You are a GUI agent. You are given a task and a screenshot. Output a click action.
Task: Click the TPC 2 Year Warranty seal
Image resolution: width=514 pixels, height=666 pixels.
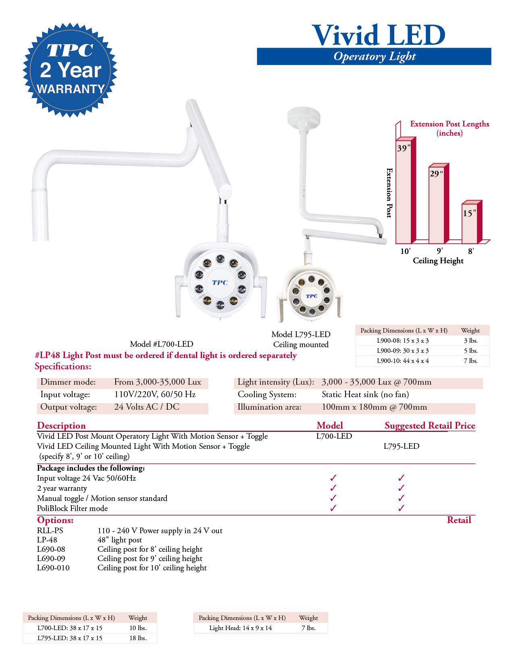70,70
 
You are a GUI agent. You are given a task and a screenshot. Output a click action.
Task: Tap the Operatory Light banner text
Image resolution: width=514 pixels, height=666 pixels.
374,57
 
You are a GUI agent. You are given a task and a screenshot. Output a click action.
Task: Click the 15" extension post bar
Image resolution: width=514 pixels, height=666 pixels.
469,222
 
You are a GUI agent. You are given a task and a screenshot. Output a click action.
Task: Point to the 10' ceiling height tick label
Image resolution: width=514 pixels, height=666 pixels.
405,251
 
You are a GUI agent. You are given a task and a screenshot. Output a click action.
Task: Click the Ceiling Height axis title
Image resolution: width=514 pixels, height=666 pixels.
438,261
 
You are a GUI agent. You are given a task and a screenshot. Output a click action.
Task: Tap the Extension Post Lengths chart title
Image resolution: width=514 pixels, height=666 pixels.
449,128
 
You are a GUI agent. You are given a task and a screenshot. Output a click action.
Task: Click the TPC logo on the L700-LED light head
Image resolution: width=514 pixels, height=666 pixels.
220,283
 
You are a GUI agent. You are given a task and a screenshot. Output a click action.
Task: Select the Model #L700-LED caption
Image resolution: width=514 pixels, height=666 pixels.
161,344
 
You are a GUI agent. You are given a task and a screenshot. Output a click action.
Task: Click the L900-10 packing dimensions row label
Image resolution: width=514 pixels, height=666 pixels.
402,361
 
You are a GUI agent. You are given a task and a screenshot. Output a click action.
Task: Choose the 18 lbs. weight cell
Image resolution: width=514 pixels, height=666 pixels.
138,638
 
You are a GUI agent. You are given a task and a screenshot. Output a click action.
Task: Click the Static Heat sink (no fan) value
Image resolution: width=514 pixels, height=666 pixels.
365,394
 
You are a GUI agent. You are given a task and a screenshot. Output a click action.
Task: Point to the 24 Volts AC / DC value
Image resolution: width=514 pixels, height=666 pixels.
147,407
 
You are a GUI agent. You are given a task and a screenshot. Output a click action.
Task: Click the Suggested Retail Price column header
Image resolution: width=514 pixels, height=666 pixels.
430,425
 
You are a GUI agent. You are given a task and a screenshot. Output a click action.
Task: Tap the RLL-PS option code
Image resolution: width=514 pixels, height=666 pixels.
50,530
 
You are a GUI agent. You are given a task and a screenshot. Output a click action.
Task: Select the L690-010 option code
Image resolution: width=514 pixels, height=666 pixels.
53,568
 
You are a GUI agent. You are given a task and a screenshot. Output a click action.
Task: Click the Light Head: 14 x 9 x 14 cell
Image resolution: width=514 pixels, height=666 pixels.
240,628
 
